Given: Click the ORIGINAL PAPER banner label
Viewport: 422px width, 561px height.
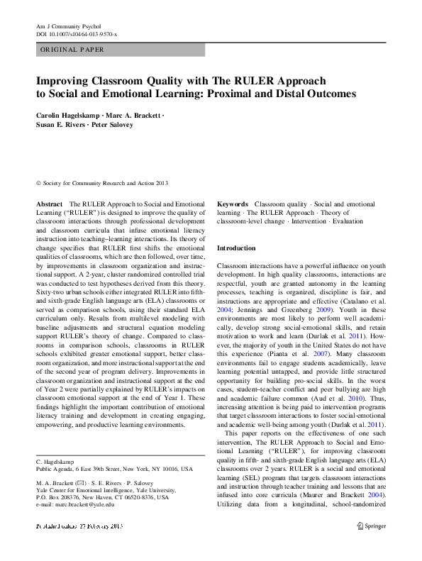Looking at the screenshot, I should (72, 50).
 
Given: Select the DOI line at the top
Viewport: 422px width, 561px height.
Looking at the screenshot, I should (77, 34).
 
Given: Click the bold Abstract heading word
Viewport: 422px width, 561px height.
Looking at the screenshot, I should (50, 204).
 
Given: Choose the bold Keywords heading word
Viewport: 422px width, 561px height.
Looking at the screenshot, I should (233, 204).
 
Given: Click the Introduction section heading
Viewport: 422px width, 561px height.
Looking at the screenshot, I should (236, 248).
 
